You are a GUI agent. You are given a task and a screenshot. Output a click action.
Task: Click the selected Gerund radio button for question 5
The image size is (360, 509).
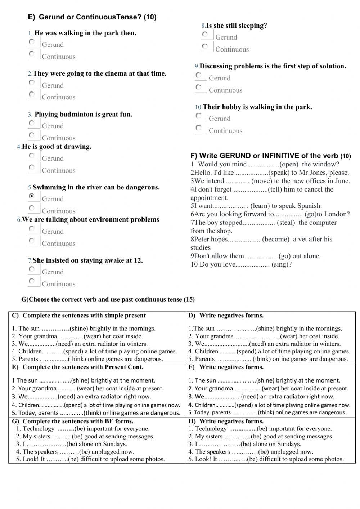(x=32, y=196)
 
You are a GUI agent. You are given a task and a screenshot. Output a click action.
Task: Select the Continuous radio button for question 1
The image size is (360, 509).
(x=32, y=54)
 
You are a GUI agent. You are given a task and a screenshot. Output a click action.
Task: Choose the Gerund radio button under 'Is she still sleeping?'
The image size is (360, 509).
(x=205, y=34)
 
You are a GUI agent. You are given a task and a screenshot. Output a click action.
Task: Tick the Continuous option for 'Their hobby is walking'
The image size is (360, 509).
(x=199, y=128)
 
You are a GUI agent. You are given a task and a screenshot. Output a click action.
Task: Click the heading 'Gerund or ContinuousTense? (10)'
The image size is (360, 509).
(x=97, y=17)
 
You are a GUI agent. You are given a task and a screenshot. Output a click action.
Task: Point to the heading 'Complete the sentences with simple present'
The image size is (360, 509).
(x=84, y=316)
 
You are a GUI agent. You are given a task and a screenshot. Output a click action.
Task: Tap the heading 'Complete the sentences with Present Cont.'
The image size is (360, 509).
(x=83, y=367)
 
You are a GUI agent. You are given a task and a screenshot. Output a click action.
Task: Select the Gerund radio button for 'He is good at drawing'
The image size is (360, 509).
(x=32, y=156)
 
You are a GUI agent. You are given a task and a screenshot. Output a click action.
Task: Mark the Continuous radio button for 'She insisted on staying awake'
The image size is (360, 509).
(x=32, y=281)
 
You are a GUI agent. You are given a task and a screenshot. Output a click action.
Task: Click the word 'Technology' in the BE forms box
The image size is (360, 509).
(x=39, y=429)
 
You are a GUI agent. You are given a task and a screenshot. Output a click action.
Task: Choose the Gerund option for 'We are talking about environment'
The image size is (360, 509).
(x=32, y=228)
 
